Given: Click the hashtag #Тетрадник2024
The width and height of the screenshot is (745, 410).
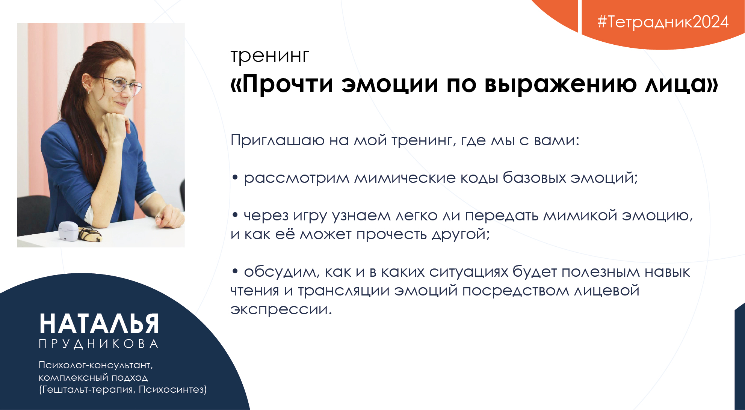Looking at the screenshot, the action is [x=663, y=22].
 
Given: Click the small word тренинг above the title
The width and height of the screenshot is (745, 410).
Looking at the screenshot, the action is [x=270, y=57].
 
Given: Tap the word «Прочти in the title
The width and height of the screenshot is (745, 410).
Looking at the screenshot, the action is [x=282, y=84].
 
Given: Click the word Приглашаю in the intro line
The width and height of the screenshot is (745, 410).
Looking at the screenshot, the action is [x=278, y=141].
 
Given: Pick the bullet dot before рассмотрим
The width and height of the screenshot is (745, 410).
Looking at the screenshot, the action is [x=235, y=178].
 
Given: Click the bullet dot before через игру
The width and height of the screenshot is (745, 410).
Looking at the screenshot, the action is [x=235, y=215].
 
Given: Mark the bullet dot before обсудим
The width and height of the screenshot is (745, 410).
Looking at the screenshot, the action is [x=235, y=271].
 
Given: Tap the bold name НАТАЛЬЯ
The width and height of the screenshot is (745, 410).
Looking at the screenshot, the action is [x=99, y=324].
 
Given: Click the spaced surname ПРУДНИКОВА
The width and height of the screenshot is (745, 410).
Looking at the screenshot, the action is [x=99, y=344].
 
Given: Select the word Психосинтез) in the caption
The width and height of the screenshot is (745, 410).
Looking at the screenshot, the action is [x=173, y=390].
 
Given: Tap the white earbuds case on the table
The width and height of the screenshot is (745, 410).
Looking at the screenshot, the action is [x=68, y=231].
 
